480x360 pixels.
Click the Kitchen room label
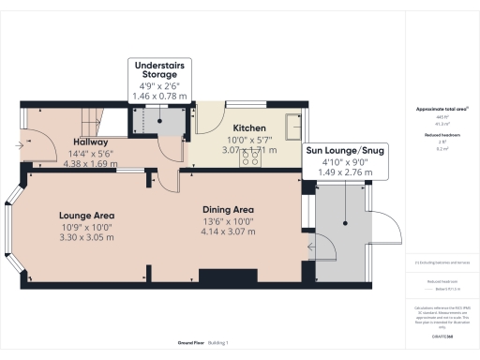[x=249, y=127]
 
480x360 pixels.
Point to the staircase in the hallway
[x=86, y=119]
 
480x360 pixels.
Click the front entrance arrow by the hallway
[x=22, y=145]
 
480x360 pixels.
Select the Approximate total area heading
[x=442, y=110]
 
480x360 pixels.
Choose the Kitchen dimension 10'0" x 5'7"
[x=249, y=139]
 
